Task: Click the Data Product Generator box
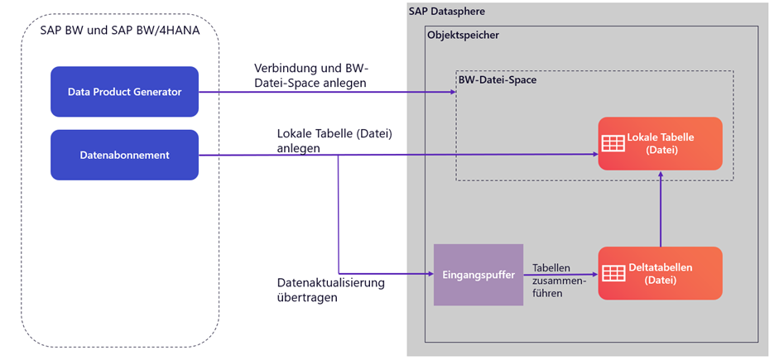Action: [124, 92]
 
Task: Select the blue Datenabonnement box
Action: [124, 155]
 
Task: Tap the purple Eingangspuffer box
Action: [478, 274]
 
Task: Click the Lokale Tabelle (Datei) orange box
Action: [660, 143]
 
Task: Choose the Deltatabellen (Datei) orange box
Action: [660, 273]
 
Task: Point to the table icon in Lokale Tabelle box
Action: [613, 143]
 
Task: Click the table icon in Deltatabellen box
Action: [613, 273]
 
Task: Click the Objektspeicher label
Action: [463, 36]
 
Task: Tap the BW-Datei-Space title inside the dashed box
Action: [494, 79]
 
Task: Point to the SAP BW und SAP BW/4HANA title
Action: [119, 31]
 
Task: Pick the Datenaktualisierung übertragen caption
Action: [331, 290]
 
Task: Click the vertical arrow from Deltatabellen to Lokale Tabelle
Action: [660, 211]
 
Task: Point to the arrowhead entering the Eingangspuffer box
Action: [430, 274]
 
